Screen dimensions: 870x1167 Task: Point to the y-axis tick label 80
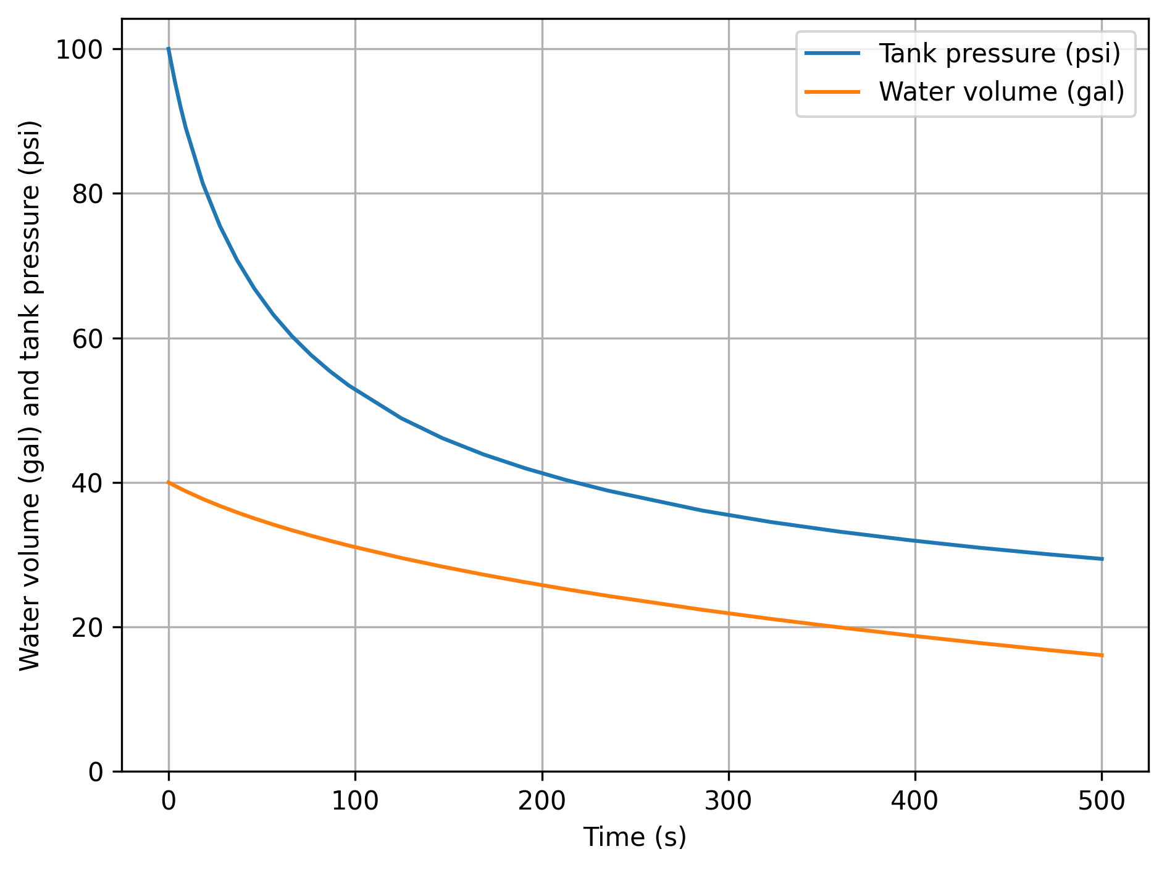pyautogui.click(x=88, y=194)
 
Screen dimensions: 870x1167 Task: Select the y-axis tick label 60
pyautogui.click(x=88, y=339)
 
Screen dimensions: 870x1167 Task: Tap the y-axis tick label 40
pyautogui.click(x=88, y=483)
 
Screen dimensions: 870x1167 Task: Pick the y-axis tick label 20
pyautogui.click(x=88, y=628)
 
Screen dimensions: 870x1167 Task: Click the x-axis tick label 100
pyautogui.click(x=355, y=802)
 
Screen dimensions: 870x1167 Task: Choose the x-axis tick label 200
pyautogui.click(x=542, y=802)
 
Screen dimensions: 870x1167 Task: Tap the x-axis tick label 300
pyautogui.click(x=729, y=802)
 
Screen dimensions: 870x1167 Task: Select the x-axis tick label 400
pyautogui.click(x=915, y=802)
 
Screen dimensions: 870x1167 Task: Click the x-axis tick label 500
pyautogui.click(x=1102, y=802)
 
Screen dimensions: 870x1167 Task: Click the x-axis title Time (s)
pyautogui.click(x=635, y=838)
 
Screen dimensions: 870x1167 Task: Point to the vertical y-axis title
pyautogui.click(x=30, y=395)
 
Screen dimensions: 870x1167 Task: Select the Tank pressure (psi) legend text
pyautogui.click(x=1000, y=54)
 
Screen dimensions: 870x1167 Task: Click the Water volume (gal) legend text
pyautogui.click(x=1002, y=92)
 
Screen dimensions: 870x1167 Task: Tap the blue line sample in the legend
pyautogui.click(x=832, y=54)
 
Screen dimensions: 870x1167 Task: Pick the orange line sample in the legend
pyautogui.click(x=832, y=92)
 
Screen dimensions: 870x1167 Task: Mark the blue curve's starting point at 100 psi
pyautogui.click(x=169, y=49)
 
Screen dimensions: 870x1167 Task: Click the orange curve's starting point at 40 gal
pyautogui.click(x=169, y=483)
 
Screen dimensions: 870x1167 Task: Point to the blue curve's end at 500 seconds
pyautogui.click(x=1102, y=559)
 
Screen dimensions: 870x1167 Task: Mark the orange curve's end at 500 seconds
pyautogui.click(x=1102, y=655)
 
